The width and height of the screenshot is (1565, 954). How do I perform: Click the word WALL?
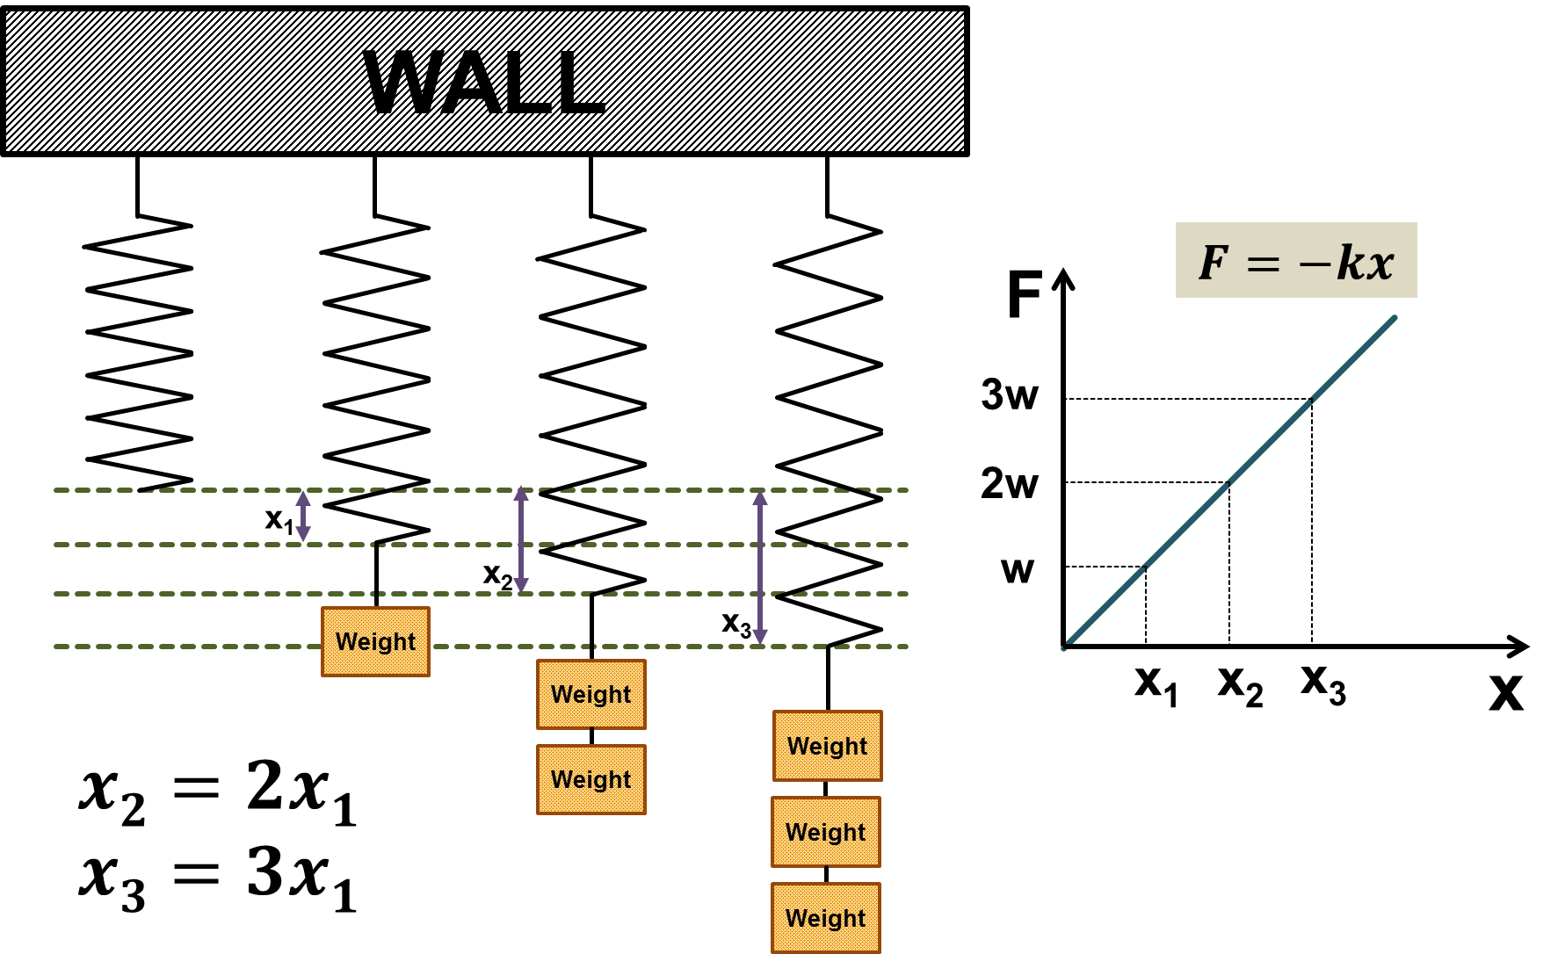click(485, 82)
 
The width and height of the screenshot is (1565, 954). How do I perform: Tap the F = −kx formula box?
click(1296, 261)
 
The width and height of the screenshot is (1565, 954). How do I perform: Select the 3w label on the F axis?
click(1010, 394)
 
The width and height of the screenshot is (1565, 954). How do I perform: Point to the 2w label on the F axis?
click(1010, 483)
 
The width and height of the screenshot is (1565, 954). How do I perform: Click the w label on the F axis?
click(1018, 571)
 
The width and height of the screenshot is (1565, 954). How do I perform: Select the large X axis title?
click(1506, 692)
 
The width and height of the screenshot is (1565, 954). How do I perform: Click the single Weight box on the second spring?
click(375, 641)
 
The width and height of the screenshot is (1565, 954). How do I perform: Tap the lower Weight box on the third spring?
click(590, 779)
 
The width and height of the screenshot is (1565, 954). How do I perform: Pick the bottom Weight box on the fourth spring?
click(826, 918)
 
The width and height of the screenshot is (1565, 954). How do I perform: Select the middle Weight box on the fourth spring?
click(826, 832)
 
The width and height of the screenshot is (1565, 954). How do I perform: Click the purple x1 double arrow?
click(303, 517)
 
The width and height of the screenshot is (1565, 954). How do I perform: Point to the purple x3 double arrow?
click(760, 567)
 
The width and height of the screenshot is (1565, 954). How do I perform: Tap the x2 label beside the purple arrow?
click(497, 576)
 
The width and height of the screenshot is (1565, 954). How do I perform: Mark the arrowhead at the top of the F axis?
click(1063, 278)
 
